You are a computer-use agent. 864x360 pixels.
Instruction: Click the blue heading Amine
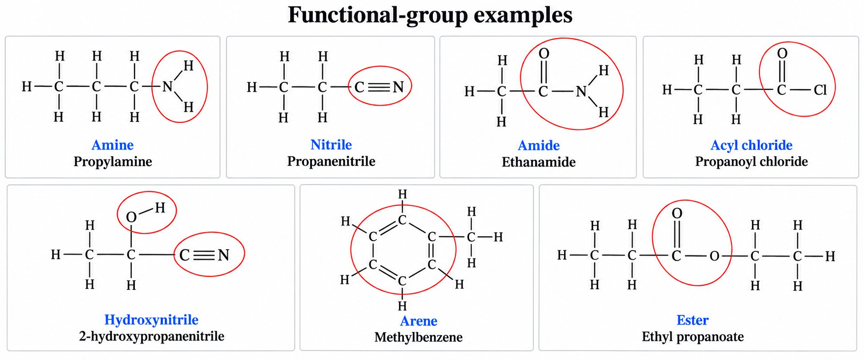tap(113, 145)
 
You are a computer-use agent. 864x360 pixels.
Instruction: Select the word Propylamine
tap(113, 162)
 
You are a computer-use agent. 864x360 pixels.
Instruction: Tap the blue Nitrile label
tap(331, 145)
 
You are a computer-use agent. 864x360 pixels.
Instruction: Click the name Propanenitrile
tap(331, 161)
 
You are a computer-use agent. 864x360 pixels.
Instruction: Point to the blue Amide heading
tap(539, 146)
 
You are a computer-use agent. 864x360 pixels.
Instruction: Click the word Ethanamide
tap(539, 162)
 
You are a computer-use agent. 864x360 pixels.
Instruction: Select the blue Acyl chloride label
tap(751, 145)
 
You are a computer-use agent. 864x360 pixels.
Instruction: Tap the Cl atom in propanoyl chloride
tap(820, 90)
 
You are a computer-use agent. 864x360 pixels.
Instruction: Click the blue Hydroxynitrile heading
tap(151, 320)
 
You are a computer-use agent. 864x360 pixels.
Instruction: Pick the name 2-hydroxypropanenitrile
tap(152, 336)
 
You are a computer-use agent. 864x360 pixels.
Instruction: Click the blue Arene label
tap(419, 321)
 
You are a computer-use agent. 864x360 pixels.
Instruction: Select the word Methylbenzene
tap(419, 337)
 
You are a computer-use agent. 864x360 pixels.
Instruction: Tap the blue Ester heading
tap(693, 320)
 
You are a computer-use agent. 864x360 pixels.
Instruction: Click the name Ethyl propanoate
tap(693, 336)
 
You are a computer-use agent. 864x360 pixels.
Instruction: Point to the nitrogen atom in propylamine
tap(167, 86)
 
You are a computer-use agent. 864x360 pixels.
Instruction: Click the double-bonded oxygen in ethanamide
tap(544, 54)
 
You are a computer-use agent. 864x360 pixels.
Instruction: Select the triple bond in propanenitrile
tap(379, 87)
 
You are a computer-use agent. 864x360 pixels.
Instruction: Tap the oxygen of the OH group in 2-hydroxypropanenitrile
tap(131, 217)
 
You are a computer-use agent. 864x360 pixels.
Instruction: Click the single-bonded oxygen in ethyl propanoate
tap(715, 256)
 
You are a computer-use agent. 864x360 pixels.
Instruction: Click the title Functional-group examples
tap(430, 15)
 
